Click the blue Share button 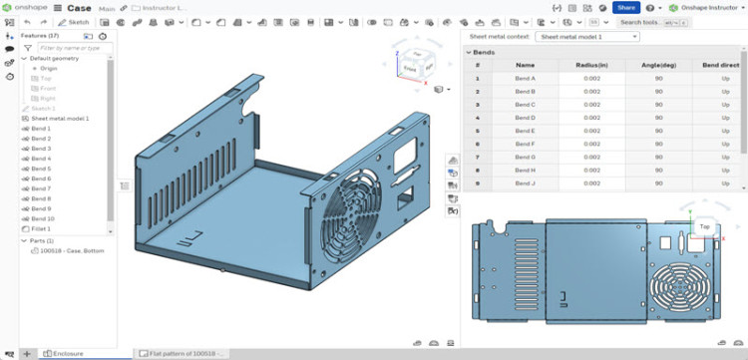click(625, 7)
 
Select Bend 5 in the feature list click(41, 169)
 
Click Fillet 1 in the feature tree click(42, 228)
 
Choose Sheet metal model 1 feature click(60, 119)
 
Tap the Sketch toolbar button click(73, 21)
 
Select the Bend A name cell click(525, 78)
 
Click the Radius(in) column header click(592, 64)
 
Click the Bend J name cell click(525, 182)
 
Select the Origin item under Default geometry click(48, 68)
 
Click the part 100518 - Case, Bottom click(70, 250)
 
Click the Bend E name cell click(525, 131)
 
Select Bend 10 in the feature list click(43, 218)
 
